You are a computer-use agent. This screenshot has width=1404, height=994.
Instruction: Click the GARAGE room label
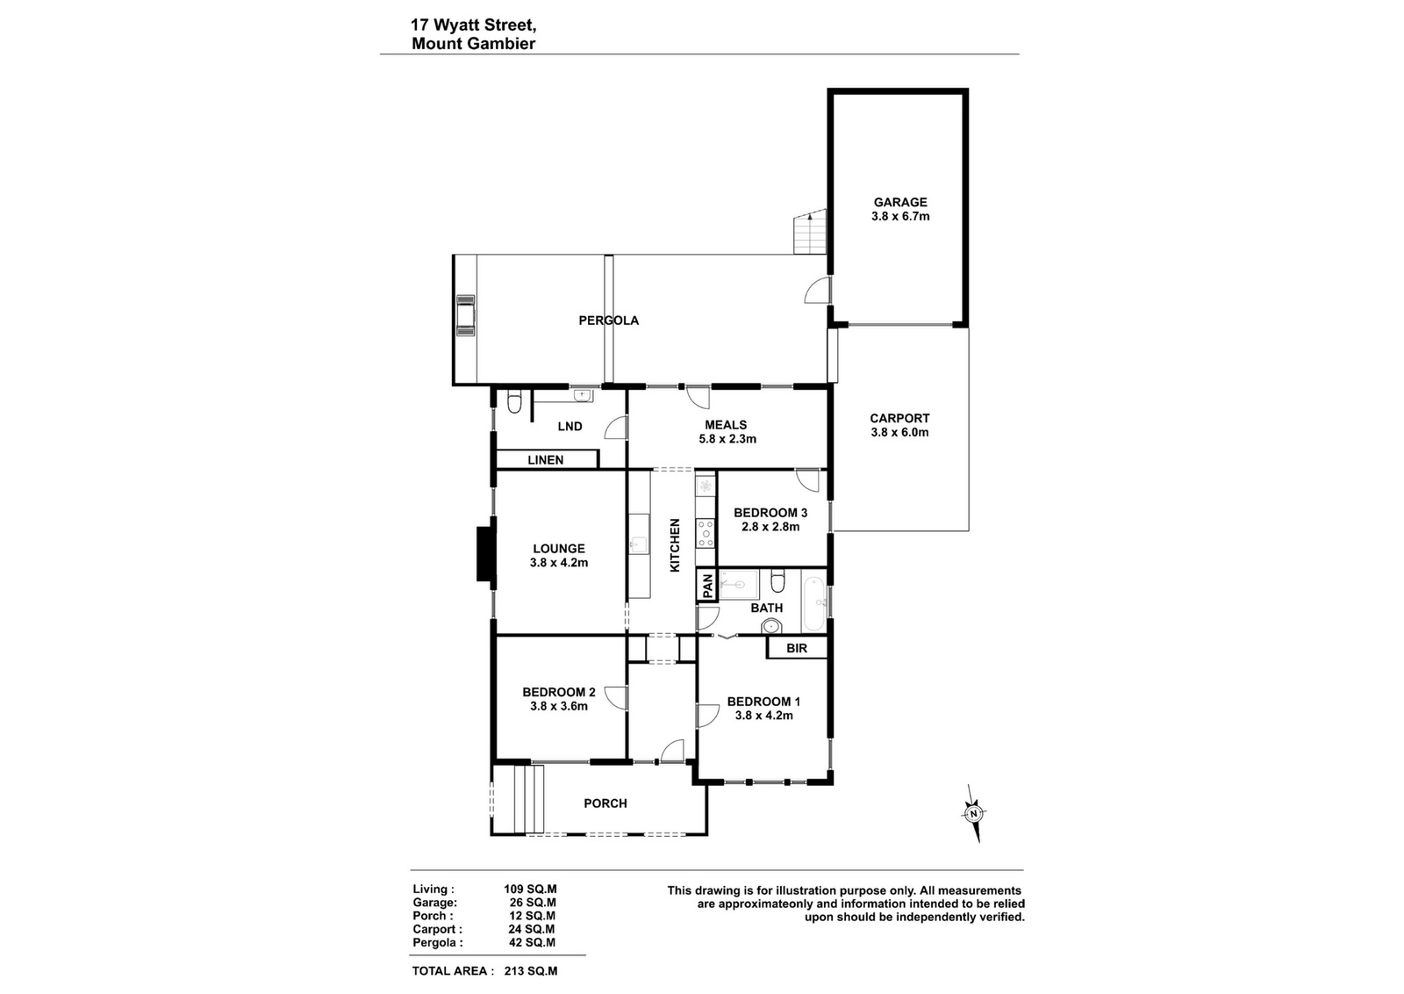[x=900, y=202]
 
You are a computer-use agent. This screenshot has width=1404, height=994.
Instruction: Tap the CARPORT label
[x=899, y=418]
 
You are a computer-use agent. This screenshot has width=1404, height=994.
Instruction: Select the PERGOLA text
[x=609, y=321]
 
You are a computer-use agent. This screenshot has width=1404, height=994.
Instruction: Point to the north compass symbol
[x=973, y=813]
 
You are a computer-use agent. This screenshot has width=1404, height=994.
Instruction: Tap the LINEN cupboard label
[x=545, y=460]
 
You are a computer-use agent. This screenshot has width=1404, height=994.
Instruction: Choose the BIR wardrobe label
[x=797, y=648]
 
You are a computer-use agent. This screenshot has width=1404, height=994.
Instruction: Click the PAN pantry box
[x=707, y=586]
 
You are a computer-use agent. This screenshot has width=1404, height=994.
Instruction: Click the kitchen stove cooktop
[x=706, y=532]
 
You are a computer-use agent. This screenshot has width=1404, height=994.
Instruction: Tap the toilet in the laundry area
[x=514, y=402]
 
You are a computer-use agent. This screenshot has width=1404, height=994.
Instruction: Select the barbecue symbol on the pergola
[x=466, y=315]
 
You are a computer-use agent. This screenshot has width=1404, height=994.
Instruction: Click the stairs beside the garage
[x=810, y=232]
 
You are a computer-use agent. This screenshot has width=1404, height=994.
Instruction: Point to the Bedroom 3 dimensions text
[x=770, y=527]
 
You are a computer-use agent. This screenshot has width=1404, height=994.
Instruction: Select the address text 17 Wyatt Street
[x=473, y=25]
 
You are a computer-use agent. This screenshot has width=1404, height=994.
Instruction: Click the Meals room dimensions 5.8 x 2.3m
[x=727, y=439]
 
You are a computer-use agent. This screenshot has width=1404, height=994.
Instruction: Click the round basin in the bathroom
[x=771, y=626]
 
